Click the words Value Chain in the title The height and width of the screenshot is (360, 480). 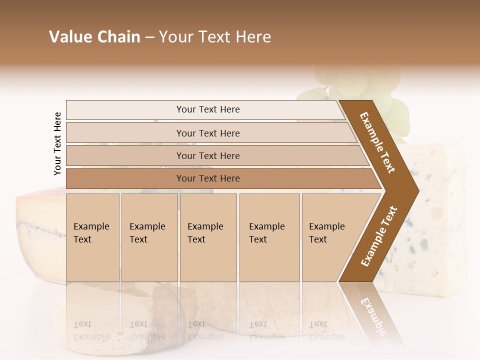[x=94, y=37]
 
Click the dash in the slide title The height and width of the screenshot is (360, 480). [x=149, y=37]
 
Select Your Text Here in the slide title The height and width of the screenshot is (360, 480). [x=215, y=37]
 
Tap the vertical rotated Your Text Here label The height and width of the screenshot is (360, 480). [x=58, y=143]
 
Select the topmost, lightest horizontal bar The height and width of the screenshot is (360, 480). [x=207, y=109]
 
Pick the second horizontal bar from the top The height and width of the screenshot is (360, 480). [x=208, y=133]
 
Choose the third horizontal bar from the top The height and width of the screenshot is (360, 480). [x=208, y=155]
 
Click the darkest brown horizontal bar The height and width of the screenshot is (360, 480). [x=208, y=178]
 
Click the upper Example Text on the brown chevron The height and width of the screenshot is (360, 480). [x=377, y=142]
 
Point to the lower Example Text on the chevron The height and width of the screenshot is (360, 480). [x=379, y=236]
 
